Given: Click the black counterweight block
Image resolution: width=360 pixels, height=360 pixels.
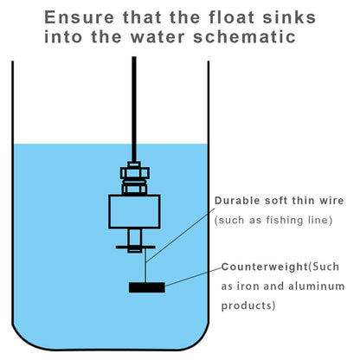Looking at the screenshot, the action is point(147,287).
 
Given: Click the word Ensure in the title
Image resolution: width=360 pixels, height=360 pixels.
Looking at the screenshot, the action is point(80,17).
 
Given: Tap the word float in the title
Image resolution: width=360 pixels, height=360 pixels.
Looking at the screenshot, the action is point(232,17).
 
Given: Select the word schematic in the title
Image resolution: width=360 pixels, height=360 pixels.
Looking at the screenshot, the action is point(245,37).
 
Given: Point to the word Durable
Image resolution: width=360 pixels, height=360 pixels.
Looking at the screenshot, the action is point(237,201).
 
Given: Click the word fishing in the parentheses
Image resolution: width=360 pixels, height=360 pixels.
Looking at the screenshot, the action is point(285,220).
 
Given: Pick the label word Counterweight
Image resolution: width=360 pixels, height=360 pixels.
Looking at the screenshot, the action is point(265,267).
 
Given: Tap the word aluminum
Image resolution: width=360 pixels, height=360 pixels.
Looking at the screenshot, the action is point(317,286).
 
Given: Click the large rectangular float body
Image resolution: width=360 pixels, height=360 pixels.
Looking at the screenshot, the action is point(134,212).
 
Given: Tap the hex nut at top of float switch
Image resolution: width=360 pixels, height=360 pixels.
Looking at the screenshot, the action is point(135,173).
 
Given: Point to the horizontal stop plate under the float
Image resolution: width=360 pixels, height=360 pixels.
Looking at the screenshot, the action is point(136,247).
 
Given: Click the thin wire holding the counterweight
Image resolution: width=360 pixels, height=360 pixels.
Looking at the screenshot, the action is point(146,266).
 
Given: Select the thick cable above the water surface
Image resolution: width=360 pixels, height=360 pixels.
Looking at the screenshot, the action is point(134,100).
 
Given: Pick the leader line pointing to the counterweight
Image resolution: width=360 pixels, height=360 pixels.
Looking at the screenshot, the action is point(193,277).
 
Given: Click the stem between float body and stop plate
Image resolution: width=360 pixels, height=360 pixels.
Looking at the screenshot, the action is point(134,237).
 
